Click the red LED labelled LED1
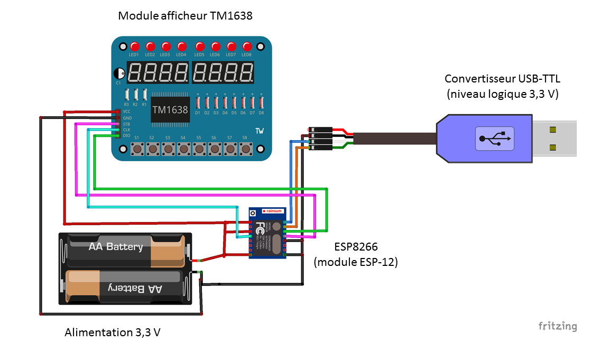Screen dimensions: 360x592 134,47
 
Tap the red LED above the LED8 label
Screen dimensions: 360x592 247,47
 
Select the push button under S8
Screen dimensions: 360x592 246,149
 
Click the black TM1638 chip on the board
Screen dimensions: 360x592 170,110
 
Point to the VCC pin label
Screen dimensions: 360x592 127,112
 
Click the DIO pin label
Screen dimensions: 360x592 127,135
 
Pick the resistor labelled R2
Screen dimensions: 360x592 136,95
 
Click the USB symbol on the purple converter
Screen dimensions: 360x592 494,139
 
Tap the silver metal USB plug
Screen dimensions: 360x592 553,138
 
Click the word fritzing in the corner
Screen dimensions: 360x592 558,326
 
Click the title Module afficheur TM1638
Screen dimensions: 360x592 186,16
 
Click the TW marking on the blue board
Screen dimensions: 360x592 259,131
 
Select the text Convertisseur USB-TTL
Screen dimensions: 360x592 502,79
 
